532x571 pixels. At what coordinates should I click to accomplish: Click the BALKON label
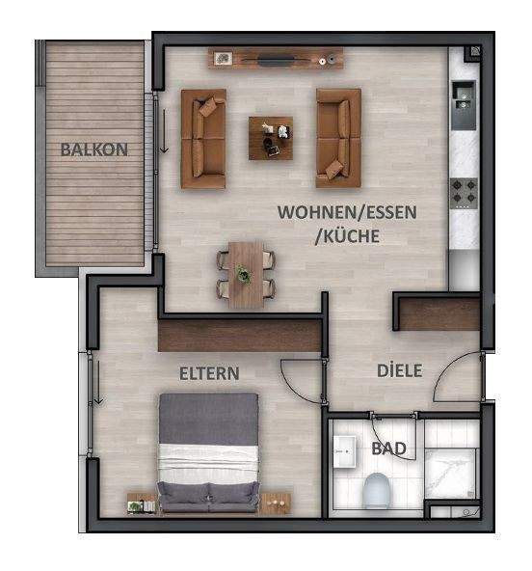94,150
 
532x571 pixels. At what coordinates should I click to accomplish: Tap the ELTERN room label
209,372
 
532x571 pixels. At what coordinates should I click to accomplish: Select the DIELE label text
399,370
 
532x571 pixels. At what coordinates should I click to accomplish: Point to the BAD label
388,449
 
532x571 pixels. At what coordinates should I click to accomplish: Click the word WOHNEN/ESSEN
333,211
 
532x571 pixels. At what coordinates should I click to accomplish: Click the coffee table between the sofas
271,138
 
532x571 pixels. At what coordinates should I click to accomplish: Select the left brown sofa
203,139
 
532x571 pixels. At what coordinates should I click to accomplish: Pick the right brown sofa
338,137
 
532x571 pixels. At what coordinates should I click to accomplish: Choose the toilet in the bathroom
377,489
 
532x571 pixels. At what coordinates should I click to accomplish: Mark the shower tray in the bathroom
451,475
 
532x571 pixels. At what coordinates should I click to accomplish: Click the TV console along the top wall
277,60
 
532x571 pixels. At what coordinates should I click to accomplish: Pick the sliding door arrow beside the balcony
165,130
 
